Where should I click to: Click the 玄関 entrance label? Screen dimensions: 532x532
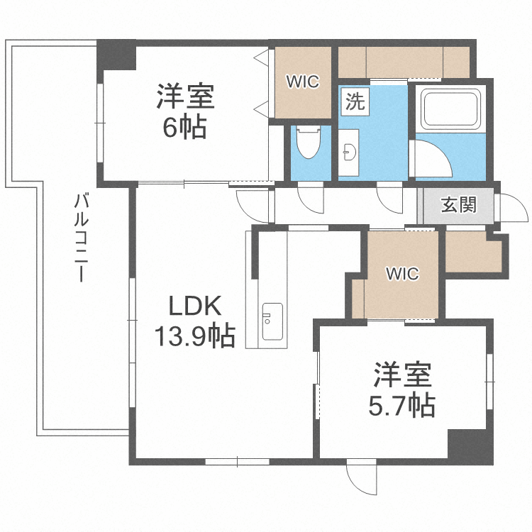tap(458, 206)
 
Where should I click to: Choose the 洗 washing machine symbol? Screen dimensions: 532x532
tap(355, 101)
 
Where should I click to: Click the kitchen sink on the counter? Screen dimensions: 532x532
tap(272, 321)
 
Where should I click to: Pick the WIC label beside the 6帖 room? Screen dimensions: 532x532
tap(303, 82)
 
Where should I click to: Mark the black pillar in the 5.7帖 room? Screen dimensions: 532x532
tap(469, 446)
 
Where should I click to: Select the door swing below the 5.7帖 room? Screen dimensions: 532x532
tap(361, 480)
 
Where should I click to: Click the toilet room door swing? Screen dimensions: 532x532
tap(309, 196)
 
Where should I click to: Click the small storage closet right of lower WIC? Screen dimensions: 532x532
tap(472, 252)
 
